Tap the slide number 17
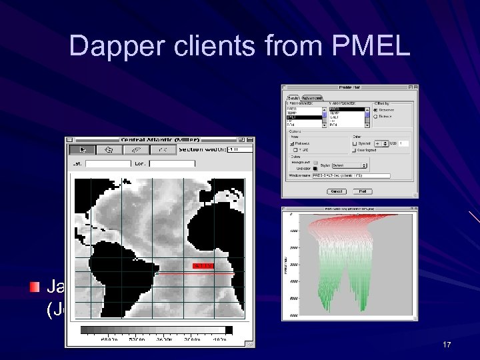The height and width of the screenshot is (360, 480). tap(447, 345)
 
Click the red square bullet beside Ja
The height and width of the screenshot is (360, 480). tap(35, 287)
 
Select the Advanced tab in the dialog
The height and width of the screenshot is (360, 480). tap(313, 98)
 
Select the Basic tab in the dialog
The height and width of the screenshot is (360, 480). tap(293, 98)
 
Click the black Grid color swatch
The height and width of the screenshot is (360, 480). tap(315, 169)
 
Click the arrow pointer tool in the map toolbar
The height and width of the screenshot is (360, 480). tap(84, 149)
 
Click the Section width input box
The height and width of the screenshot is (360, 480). tap(239, 149)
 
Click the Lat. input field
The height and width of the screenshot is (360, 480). tap(108, 163)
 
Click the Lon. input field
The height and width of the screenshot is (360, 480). tap(171, 163)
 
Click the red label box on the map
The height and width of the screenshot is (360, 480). tap(203, 265)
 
